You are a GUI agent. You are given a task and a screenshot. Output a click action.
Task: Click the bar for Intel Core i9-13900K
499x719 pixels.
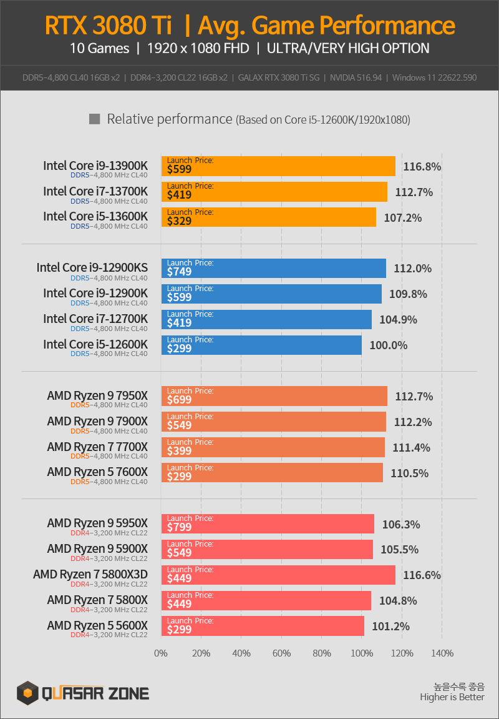coord(278,166)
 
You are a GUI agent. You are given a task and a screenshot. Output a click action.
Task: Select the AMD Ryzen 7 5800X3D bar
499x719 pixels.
coord(278,575)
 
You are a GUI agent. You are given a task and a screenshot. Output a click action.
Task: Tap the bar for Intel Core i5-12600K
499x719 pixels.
coord(261,345)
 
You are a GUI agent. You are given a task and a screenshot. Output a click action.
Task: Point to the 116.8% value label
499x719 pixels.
coord(422,167)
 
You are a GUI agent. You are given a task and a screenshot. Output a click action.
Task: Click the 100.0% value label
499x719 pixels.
coord(389,345)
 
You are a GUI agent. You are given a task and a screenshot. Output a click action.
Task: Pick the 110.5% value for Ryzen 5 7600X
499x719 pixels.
coord(409,474)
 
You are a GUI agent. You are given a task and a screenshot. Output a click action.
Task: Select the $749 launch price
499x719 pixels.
coord(179,272)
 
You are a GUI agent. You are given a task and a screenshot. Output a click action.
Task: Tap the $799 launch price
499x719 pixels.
coord(179,527)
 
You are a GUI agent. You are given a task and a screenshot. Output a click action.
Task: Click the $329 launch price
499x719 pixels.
coord(179,221)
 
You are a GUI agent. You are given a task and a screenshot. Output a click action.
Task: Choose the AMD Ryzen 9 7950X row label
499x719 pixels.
coord(97,396)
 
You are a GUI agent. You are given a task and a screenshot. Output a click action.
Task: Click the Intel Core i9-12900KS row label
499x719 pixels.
coord(92,268)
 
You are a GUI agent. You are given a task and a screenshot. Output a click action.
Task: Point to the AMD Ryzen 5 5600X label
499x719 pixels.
coord(97,625)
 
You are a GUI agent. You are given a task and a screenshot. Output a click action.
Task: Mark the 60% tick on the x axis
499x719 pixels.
coord(281,653)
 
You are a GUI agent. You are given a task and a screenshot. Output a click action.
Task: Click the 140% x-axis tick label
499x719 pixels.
coord(442,653)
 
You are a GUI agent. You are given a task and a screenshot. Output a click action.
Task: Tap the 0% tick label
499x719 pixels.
coord(161,653)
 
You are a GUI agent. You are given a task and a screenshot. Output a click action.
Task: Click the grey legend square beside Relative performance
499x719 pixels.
coord(95,119)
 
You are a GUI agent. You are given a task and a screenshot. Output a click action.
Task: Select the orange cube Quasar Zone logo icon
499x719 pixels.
coord(27,692)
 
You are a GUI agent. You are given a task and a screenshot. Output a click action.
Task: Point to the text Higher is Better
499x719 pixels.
coord(452,697)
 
